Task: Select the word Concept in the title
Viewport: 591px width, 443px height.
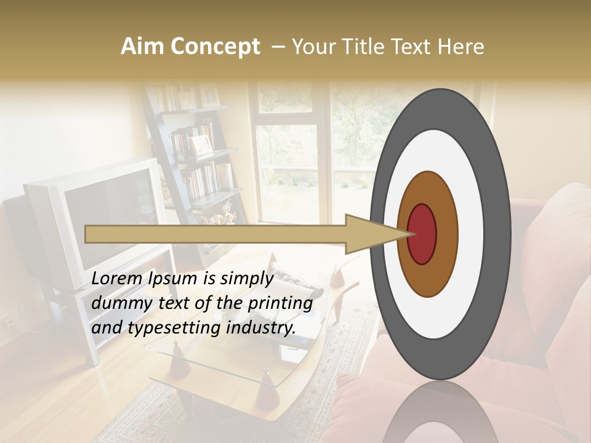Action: point(215,47)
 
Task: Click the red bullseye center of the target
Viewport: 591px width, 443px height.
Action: point(422,234)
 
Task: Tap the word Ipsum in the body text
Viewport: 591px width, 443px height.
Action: point(174,279)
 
